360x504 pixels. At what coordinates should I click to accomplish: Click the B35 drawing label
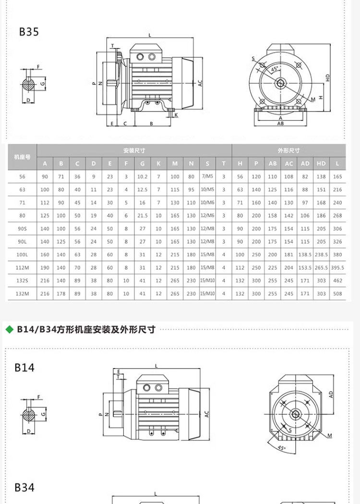pos(29,32)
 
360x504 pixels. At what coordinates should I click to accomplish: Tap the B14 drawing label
pos(24,368)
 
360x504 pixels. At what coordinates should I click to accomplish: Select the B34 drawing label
pos(24,488)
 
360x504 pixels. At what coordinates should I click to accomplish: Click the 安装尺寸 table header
pos(134,150)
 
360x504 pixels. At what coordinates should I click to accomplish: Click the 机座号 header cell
pos(22,157)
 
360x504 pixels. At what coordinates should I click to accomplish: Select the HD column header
pos(321,164)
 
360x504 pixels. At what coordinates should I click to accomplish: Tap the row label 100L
pos(22,255)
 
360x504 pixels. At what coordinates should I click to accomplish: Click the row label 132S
pos(22,281)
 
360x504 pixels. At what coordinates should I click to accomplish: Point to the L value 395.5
pos(337,268)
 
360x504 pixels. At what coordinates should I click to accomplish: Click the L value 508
pos(337,294)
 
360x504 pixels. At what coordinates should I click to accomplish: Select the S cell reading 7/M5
pos(207,177)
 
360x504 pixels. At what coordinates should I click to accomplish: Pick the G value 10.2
pos(143,177)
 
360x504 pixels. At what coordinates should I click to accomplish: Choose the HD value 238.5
pos(321,255)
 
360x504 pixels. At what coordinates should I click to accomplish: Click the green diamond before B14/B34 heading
pos(9,330)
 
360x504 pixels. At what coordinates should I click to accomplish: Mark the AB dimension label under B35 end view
pos(280,123)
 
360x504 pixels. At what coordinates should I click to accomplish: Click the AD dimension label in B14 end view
pos(331,394)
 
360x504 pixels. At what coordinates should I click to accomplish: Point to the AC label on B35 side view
pos(200,83)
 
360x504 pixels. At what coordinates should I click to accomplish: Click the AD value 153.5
pos(305,268)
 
